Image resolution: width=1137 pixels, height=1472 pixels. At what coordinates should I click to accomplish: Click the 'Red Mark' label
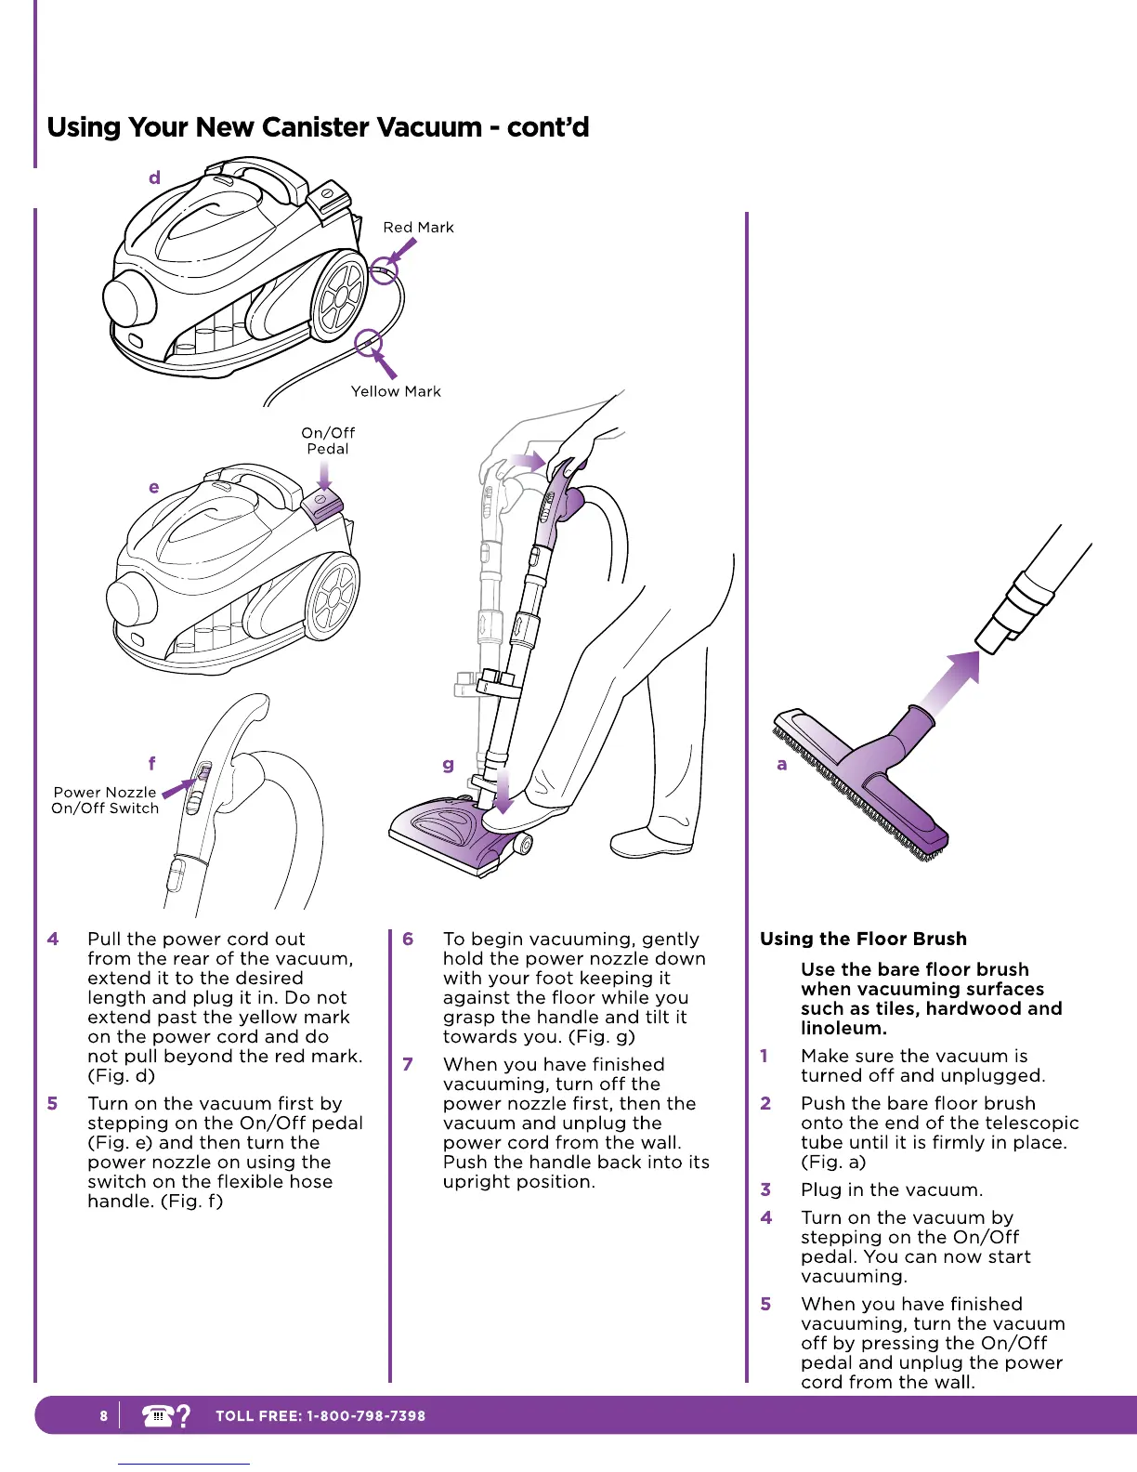click(x=418, y=228)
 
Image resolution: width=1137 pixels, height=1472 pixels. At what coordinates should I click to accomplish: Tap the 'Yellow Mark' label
click(x=396, y=392)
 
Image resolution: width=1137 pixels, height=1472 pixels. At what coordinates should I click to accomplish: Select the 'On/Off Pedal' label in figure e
click(x=328, y=440)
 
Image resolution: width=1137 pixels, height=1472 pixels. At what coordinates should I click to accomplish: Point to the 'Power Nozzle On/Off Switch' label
click(x=105, y=800)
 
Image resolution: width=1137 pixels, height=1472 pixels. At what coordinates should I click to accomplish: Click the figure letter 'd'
click(x=154, y=177)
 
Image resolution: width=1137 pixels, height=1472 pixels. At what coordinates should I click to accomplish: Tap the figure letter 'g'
click(x=449, y=764)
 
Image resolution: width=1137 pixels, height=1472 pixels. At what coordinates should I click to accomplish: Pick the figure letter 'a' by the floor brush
click(x=782, y=764)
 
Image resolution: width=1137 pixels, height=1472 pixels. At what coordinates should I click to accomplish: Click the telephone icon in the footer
click(x=158, y=1415)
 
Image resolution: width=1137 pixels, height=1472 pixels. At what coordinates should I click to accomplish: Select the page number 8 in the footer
click(x=104, y=1416)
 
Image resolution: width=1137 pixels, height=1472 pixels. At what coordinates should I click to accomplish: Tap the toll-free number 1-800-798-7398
click(x=366, y=1416)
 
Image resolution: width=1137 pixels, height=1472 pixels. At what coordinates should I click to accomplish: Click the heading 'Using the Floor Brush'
click(x=863, y=939)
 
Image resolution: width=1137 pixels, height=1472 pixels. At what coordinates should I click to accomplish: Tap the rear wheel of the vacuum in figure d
click(x=339, y=296)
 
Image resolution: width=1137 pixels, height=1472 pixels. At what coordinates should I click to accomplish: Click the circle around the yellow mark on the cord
click(x=369, y=342)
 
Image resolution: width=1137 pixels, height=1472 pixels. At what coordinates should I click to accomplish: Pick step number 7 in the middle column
click(x=408, y=1064)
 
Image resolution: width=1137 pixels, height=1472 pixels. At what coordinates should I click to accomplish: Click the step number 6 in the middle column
click(x=408, y=939)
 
